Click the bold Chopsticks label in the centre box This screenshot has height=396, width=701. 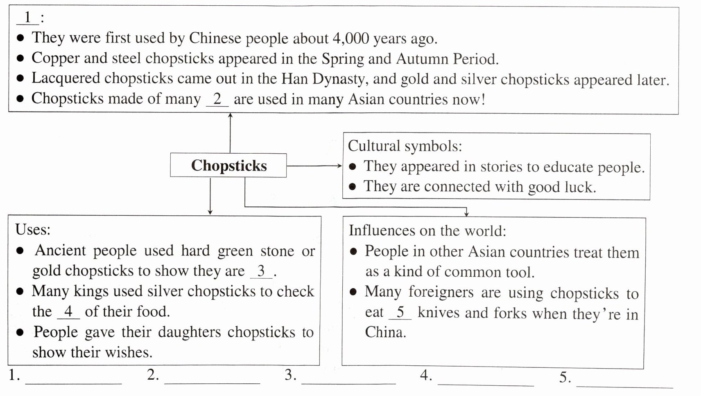click(228, 166)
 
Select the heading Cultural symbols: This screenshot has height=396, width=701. click(405, 146)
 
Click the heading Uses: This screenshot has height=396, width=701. click(33, 229)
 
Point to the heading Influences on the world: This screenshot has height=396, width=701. click(427, 231)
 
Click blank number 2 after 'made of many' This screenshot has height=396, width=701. click(217, 99)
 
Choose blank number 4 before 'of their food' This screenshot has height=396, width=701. click(68, 312)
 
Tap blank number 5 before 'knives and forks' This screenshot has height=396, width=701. click(400, 313)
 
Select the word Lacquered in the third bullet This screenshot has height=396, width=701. click(66, 78)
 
